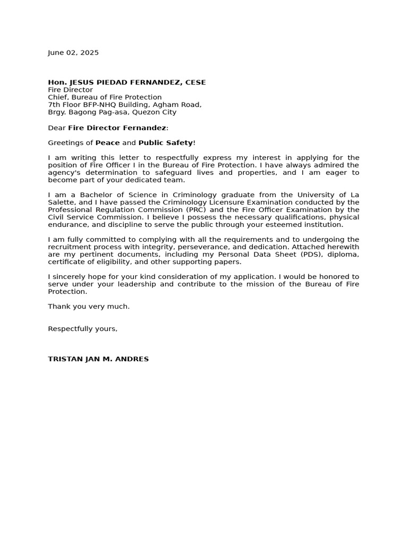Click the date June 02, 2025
73,53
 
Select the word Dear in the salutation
57,128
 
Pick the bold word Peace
107,143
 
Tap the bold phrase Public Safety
166,143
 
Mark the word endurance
66,225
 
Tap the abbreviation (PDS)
309,254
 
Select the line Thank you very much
89,307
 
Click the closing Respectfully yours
82,329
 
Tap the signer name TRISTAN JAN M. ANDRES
98,359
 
